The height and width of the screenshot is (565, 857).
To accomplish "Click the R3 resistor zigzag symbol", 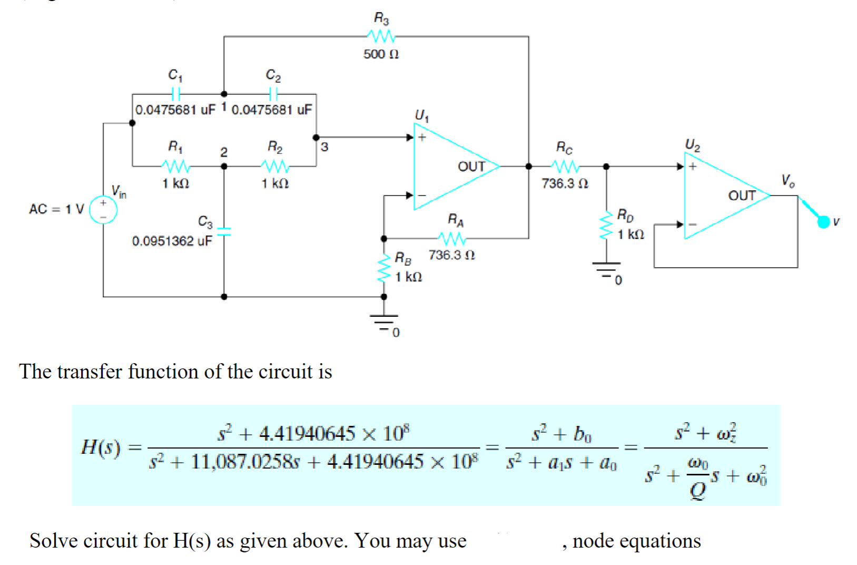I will (x=381, y=36).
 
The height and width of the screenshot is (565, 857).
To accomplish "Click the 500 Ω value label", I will (x=381, y=54).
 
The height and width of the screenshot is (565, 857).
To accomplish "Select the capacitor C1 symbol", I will (x=176, y=94).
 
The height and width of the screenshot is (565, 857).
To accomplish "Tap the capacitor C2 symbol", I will (x=273, y=94).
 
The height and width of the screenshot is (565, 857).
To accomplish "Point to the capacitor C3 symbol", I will (x=224, y=231).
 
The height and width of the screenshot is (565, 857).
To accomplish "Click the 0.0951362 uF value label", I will (x=172, y=241).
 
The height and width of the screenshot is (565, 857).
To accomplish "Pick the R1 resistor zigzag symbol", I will (x=176, y=166).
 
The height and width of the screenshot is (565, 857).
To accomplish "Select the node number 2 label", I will (x=223, y=152).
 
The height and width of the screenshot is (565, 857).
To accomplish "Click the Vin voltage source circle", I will (x=103, y=209).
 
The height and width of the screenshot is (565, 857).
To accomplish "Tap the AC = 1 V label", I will (x=56, y=209).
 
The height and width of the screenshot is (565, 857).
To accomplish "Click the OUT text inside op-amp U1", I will (x=471, y=167).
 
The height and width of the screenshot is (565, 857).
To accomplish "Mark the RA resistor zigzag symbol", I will (x=452, y=239).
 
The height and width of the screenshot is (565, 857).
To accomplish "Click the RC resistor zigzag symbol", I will (x=565, y=166).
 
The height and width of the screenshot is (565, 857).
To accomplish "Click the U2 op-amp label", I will (x=692, y=145).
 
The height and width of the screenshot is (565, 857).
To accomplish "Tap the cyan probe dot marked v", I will (x=823, y=222).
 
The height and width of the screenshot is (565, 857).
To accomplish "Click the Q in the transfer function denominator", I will (x=698, y=491).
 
